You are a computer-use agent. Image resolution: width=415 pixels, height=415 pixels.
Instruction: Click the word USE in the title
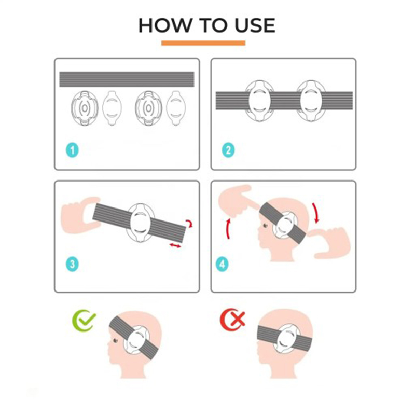pyautogui.click(x=255, y=25)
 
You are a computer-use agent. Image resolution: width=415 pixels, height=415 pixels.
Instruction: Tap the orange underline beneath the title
pyautogui.click(x=203, y=43)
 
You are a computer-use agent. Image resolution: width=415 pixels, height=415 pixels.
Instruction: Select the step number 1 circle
pyautogui.click(x=72, y=150)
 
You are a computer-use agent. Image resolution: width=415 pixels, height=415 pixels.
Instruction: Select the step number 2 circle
pyautogui.click(x=228, y=150)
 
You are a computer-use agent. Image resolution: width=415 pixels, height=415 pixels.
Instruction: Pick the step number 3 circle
pyautogui.click(x=72, y=264)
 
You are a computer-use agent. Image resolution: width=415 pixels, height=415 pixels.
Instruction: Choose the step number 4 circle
pyautogui.click(x=223, y=264)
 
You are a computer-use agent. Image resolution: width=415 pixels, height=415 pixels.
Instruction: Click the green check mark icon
pyautogui.click(x=84, y=320)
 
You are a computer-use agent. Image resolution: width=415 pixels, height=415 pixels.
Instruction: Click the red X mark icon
pyautogui.click(x=232, y=319)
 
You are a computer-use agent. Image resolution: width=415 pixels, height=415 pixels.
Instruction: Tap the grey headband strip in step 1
pyautogui.click(x=127, y=79)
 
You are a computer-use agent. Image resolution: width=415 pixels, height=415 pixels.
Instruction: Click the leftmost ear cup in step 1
pyautogui.click(x=85, y=108)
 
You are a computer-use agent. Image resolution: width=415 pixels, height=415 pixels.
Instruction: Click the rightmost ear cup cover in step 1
pyautogui.click(x=176, y=108)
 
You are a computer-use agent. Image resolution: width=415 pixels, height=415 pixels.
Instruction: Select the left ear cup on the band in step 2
pyautogui.click(x=259, y=101)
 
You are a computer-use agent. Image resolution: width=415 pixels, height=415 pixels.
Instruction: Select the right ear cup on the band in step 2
pyautogui.click(x=310, y=101)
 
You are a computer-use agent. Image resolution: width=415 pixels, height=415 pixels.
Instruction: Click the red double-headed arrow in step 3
pyautogui.click(x=175, y=246)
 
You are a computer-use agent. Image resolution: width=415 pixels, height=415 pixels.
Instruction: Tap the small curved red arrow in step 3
pyautogui.click(x=190, y=223)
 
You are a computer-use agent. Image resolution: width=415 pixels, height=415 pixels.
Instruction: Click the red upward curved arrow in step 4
pyautogui.click(x=228, y=229)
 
